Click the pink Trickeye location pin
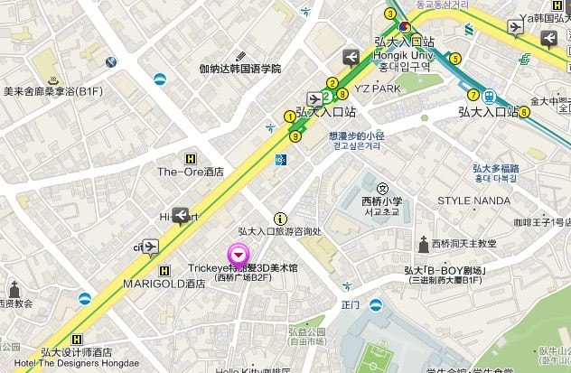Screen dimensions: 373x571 pyautogui.click(x=239, y=256)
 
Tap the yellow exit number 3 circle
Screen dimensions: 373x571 pyautogui.click(x=390, y=14)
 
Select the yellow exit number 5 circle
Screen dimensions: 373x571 pyautogui.click(x=455, y=59)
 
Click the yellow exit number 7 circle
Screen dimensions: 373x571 pyautogui.click(x=473, y=95)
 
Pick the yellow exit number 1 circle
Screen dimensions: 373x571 pyautogui.click(x=290, y=117)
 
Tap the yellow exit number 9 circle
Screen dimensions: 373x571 pyautogui.click(x=295, y=136)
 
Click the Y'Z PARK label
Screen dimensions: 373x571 pyautogui.click(x=377, y=89)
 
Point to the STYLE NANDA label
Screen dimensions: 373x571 pyautogui.click(x=473, y=200)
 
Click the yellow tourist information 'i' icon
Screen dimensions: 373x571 pyautogui.click(x=280, y=219)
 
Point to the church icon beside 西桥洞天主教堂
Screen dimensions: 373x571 pyautogui.click(x=422, y=243)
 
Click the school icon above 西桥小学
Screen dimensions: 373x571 pyautogui.click(x=382, y=188)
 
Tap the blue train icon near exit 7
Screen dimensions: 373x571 pyautogui.click(x=489, y=95)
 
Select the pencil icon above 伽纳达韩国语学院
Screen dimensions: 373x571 pyautogui.click(x=239, y=56)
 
